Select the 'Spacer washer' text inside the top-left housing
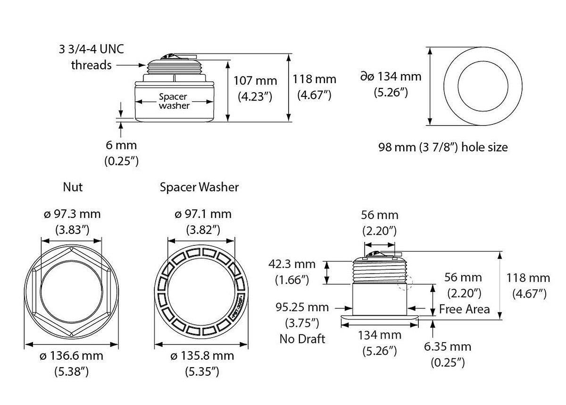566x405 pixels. [174, 101]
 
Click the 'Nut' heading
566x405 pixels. [73, 187]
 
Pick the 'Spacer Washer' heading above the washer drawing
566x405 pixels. [199, 187]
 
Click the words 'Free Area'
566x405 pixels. [464, 309]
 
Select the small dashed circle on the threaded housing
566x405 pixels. [405, 282]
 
